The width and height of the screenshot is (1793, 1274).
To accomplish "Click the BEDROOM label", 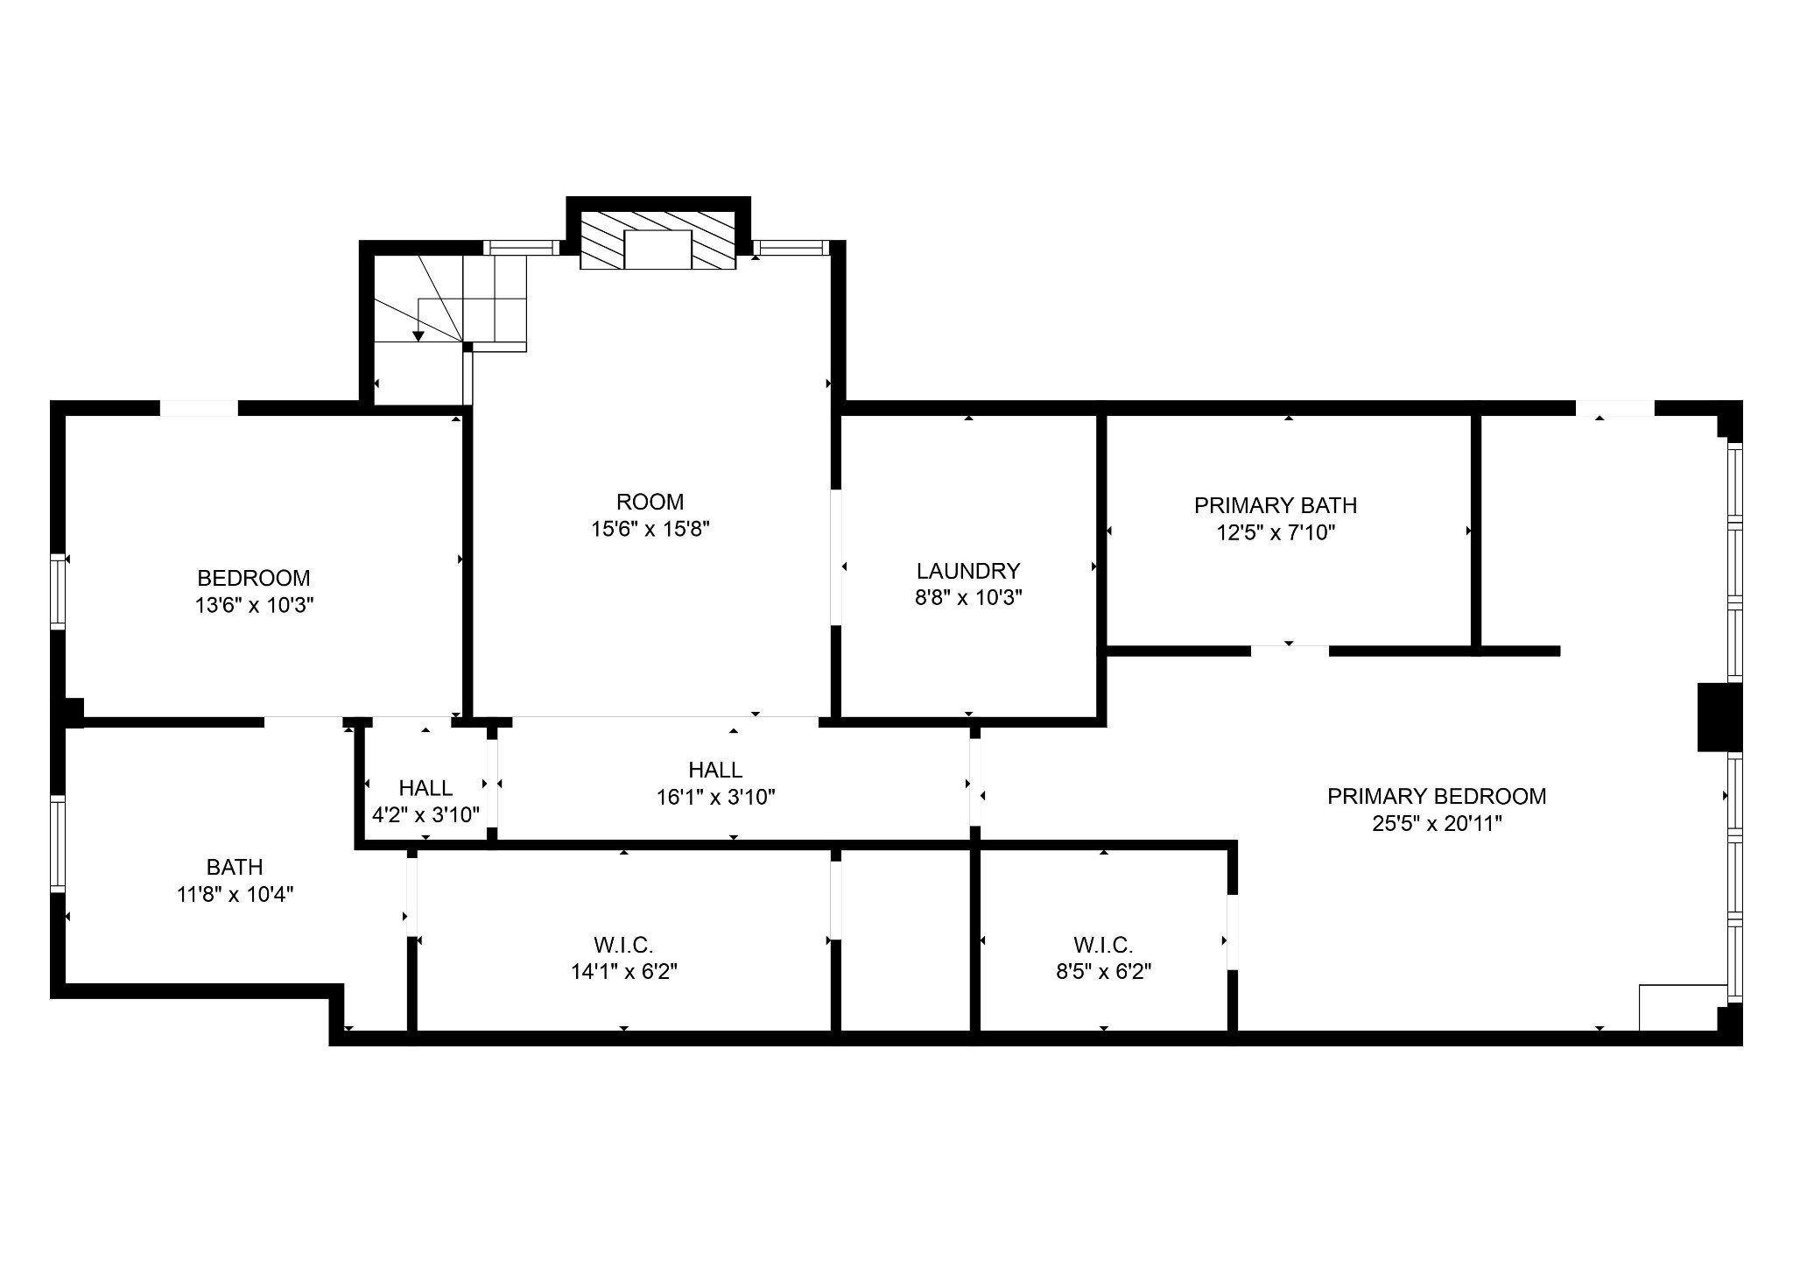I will point(253,578).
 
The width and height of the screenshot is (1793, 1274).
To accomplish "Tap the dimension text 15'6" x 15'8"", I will point(650,529).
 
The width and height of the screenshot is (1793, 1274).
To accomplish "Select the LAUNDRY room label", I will point(968,571).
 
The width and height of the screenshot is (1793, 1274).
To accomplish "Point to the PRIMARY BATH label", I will point(1275,505).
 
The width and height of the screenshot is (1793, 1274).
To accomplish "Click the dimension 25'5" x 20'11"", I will point(1437,823).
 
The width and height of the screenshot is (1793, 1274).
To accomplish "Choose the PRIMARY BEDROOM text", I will point(1437,796).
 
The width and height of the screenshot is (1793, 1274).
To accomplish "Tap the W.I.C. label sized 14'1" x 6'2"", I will point(623,945).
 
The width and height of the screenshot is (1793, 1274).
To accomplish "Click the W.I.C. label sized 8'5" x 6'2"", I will point(1103,945).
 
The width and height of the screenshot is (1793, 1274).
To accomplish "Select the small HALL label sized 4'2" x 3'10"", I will point(425,788).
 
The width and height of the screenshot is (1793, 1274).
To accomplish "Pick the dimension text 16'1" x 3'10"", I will point(715,797).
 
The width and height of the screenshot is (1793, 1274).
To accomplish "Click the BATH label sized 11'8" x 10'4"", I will point(235,867).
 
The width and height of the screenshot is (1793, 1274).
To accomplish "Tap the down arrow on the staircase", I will point(418,335).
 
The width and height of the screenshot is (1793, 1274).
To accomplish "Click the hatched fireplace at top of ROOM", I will point(657,240).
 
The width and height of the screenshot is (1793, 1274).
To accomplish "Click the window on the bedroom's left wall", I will point(58,591).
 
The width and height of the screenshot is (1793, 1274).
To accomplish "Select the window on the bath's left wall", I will point(58,843).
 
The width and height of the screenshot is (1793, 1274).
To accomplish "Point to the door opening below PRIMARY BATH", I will point(1290,651).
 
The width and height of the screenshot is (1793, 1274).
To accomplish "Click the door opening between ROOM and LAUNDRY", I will point(836,557).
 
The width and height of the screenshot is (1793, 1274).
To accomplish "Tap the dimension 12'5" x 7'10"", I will point(1275,532).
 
